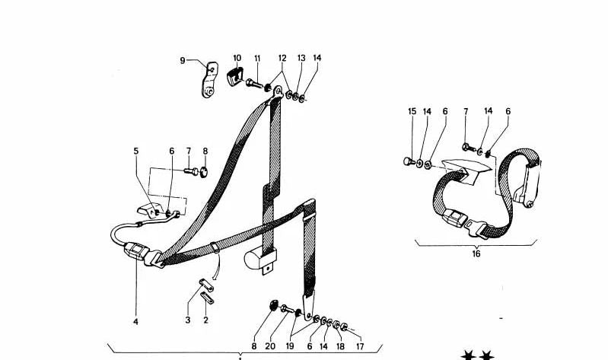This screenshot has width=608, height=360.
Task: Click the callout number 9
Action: click(183, 61)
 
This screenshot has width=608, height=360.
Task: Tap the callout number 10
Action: click(237, 59)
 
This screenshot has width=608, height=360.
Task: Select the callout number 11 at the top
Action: click(257, 59)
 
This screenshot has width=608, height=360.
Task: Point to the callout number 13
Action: click(301, 59)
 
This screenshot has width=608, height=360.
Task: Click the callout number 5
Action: click(137, 151)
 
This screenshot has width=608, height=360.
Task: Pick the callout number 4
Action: click(136, 322)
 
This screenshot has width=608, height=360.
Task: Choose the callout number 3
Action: click(187, 321)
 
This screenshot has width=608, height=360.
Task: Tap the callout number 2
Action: click(205, 321)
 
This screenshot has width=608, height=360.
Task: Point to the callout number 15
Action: click(412, 112)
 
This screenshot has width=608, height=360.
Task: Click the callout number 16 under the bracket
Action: click(476, 253)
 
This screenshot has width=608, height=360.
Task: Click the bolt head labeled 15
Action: click(408, 161)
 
